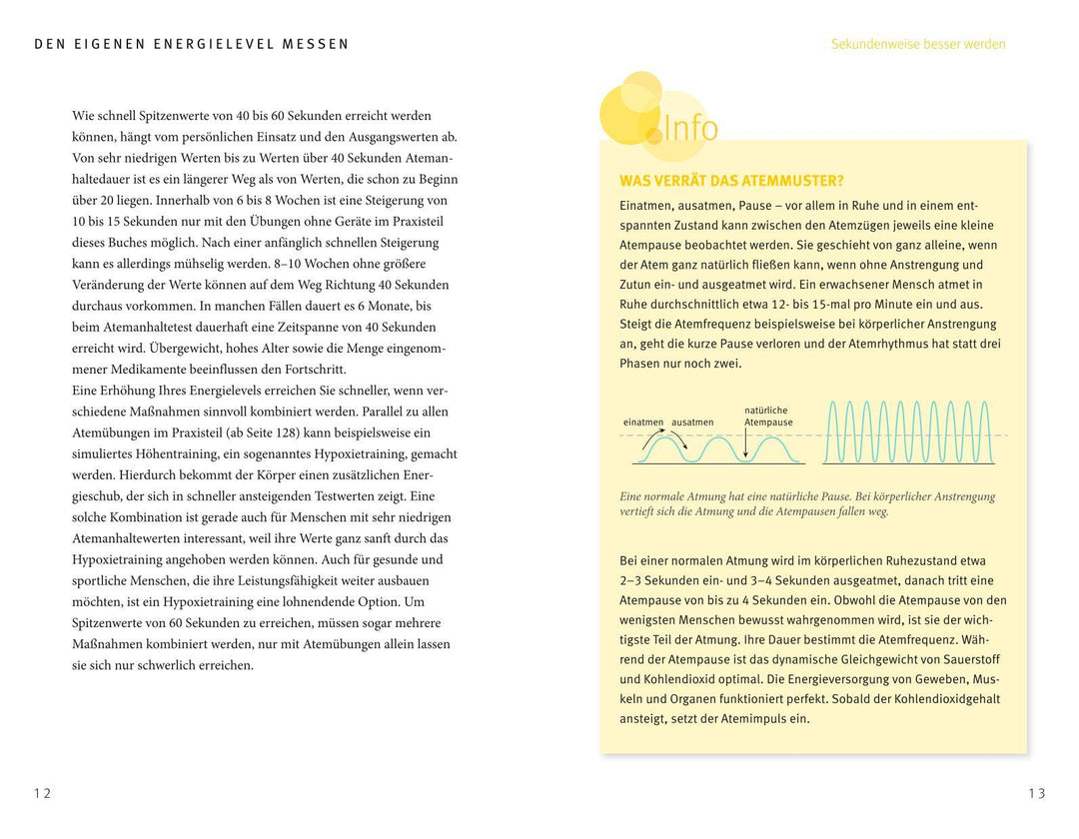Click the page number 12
[42, 794]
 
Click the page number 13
[1036, 794]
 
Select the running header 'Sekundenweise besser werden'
[918, 44]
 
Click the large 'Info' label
[690, 128]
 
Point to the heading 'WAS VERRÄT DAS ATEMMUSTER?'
[731, 181]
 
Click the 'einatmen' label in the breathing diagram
[643, 422]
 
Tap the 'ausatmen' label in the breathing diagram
[692, 422]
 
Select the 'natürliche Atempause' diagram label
[767, 417]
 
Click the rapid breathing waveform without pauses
[908, 433]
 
